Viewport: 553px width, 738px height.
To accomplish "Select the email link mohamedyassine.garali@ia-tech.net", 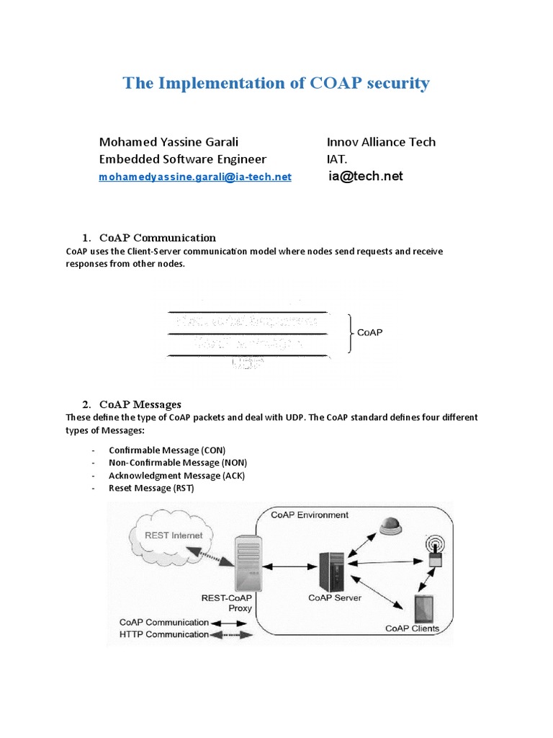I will click(194, 177).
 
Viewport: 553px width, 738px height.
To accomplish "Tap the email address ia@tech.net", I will click(365, 176).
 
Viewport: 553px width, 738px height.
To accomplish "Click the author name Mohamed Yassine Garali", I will click(168, 142).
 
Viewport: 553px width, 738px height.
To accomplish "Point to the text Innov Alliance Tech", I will click(381, 142).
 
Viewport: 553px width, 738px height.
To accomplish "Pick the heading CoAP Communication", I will click(158, 238).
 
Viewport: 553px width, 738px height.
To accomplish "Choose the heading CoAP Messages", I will click(140, 404).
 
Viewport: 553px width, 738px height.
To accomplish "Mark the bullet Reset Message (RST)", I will click(151, 489).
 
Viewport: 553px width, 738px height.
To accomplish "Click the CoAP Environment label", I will click(310, 515).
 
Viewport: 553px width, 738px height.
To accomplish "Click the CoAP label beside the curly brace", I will click(370, 332).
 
